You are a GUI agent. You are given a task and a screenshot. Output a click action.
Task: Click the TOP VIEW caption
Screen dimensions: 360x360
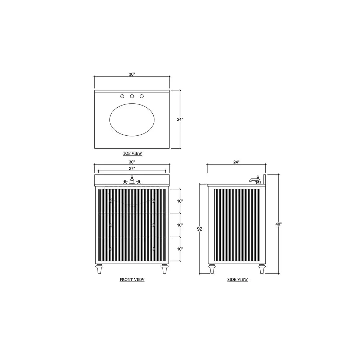pos(132,153)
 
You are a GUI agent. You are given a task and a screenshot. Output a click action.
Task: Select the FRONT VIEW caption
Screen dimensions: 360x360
pos(132,280)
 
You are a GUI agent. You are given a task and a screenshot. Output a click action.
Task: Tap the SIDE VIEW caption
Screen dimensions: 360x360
pos(238,279)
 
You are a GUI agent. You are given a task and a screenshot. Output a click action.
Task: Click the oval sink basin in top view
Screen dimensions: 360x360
pos(132,120)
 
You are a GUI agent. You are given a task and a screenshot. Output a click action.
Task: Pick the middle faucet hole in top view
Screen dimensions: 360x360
pos(132,96)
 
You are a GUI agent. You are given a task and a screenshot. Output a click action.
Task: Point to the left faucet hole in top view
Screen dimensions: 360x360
pos(122,96)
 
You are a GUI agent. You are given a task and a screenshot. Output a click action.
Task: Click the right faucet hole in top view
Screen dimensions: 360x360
pos(141,96)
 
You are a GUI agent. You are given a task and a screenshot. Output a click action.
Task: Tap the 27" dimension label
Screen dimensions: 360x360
pos(132,168)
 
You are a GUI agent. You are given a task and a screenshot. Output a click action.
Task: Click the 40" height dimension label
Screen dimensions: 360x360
pos(279,224)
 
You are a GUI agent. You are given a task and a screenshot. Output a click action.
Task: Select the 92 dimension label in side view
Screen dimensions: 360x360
pos(200,229)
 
